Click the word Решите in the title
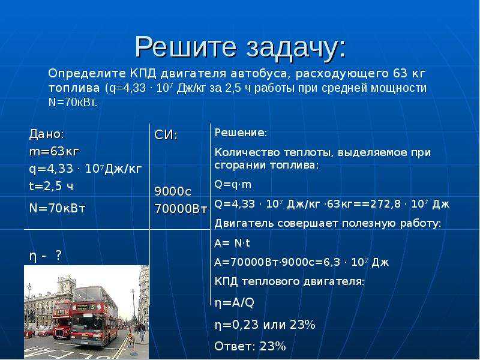(x=185, y=47)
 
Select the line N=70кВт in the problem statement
(x=73, y=103)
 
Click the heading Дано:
(x=47, y=134)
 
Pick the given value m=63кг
(x=54, y=152)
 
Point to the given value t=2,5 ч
(x=52, y=186)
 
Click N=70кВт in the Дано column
(x=57, y=208)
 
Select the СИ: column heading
(x=166, y=135)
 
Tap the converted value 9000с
(x=173, y=191)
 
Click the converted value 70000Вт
(x=181, y=209)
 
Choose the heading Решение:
(x=241, y=133)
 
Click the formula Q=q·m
(x=233, y=184)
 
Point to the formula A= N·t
(x=232, y=243)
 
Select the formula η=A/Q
(x=235, y=303)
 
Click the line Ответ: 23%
(x=250, y=346)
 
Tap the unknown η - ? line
(x=46, y=256)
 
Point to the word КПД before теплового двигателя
(x=226, y=281)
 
